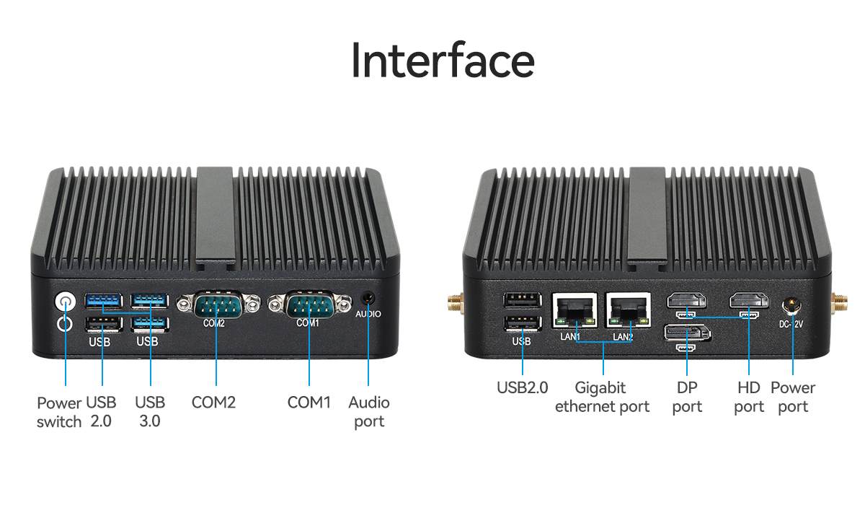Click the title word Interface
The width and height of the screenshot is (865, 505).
pyautogui.click(x=443, y=62)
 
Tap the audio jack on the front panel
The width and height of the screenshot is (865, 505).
pyautogui.click(x=368, y=298)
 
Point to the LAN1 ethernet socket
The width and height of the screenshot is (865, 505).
pyautogui.click(x=575, y=311)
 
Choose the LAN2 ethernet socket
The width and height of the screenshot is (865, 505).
pyautogui.click(x=628, y=311)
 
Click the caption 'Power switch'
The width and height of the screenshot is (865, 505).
pyautogui.click(x=59, y=412)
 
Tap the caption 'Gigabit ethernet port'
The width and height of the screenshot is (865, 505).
pyautogui.click(x=602, y=398)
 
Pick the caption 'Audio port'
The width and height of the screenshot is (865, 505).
pyautogui.click(x=369, y=412)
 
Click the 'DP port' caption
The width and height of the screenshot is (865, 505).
pyautogui.click(x=687, y=398)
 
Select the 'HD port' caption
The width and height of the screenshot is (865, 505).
pyautogui.click(x=749, y=398)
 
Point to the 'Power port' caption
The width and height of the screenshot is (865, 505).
pyautogui.click(x=793, y=398)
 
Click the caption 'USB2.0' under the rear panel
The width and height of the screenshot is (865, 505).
pyautogui.click(x=522, y=388)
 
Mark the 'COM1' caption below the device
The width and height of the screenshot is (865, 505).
pyautogui.click(x=309, y=403)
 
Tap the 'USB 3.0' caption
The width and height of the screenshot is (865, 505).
pyautogui.click(x=150, y=412)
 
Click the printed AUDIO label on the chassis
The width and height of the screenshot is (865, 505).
pyautogui.click(x=368, y=315)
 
